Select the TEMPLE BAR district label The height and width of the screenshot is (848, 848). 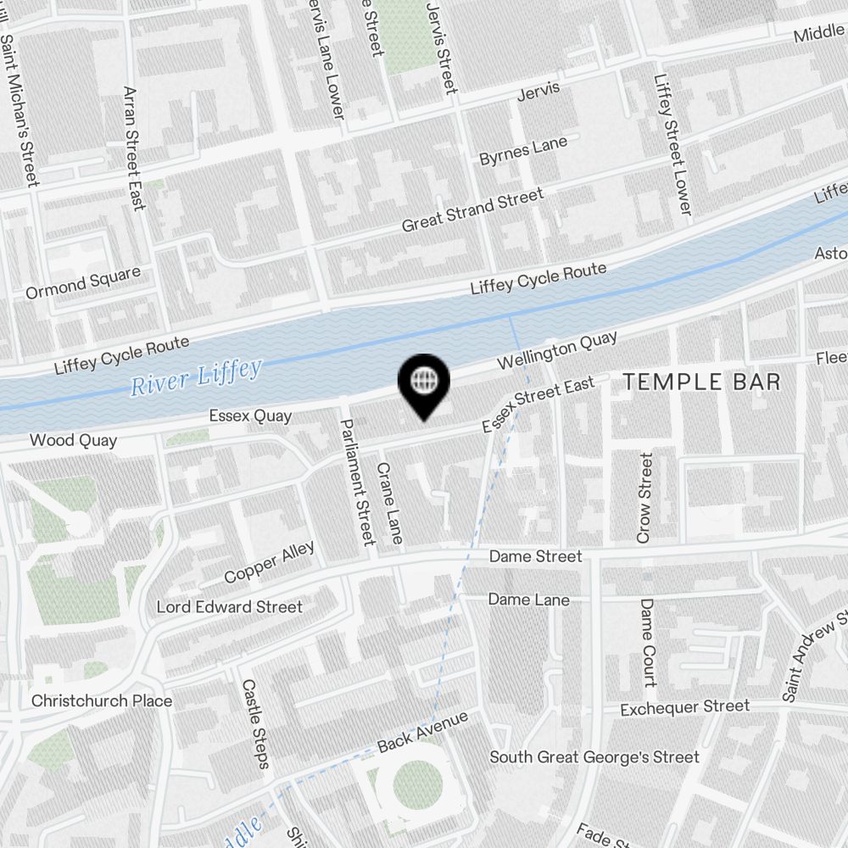pyautogui.click(x=702, y=382)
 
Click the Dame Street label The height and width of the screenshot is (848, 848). pyautogui.click(x=535, y=556)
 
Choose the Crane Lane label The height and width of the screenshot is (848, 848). pyautogui.click(x=390, y=503)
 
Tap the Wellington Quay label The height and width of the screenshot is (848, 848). pyautogui.click(x=557, y=350)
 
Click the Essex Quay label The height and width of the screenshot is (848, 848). pyautogui.click(x=250, y=416)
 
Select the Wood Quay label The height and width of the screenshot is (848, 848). pyautogui.click(x=73, y=440)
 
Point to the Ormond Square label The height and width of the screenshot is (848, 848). pyautogui.click(x=82, y=283)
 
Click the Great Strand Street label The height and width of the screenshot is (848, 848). pyautogui.click(x=472, y=211)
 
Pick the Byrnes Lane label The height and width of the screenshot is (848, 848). pyautogui.click(x=523, y=152)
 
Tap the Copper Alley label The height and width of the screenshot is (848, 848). pyautogui.click(x=269, y=561)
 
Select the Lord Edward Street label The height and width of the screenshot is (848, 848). pyautogui.click(x=229, y=606)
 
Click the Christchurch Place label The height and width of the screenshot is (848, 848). pyautogui.click(x=102, y=700)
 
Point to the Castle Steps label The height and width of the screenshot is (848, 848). pyautogui.click(x=255, y=722)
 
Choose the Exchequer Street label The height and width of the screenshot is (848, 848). pyautogui.click(x=684, y=706)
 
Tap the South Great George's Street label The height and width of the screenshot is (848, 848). pyautogui.click(x=594, y=756)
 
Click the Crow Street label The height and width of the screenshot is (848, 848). pyautogui.click(x=645, y=498)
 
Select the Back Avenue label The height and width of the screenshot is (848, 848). pyautogui.click(x=422, y=732)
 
